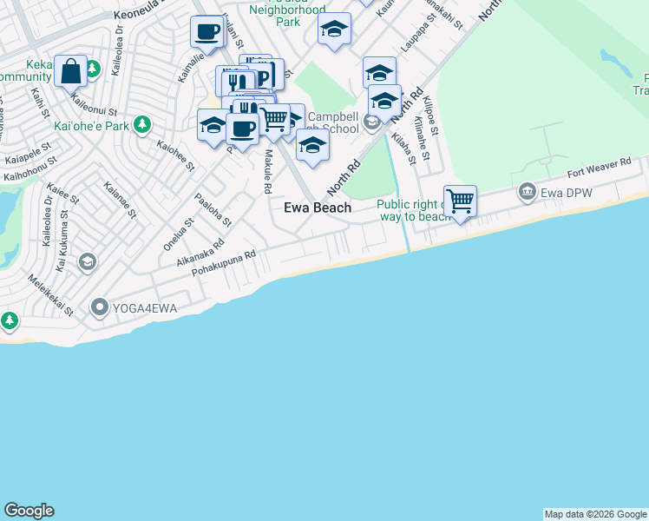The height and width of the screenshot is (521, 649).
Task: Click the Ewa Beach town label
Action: point(318,208)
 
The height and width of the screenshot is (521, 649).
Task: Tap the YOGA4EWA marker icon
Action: point(99,307)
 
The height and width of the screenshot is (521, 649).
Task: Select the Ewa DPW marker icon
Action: point(526,191)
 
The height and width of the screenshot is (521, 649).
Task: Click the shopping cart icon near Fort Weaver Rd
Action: point(460,201)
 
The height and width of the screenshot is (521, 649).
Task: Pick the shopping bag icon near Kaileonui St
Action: point(70,71)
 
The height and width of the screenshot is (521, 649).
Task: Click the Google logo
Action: point(29,511)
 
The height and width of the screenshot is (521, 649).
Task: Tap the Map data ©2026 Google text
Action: point(595,514)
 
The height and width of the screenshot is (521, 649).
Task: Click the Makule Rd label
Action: point(268,171)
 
